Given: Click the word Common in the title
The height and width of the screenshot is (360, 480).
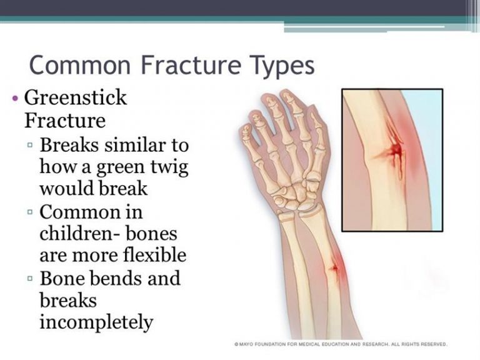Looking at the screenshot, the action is click(80, 64).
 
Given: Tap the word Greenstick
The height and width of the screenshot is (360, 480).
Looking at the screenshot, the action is click(75, 98).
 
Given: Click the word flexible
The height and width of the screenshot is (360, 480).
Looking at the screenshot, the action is click(154, 255).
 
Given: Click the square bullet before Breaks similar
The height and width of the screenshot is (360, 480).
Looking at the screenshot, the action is click(30, 145).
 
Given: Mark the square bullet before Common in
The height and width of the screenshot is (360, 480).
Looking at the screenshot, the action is click(30, 211).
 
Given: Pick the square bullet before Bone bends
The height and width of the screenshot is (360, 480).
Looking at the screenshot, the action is click(30, 278).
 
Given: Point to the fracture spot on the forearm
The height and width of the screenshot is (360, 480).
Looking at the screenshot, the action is click(334, 268).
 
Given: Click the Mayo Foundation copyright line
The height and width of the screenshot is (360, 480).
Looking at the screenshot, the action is click(341, 344).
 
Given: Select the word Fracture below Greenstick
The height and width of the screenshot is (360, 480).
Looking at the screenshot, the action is click(65, 120).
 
